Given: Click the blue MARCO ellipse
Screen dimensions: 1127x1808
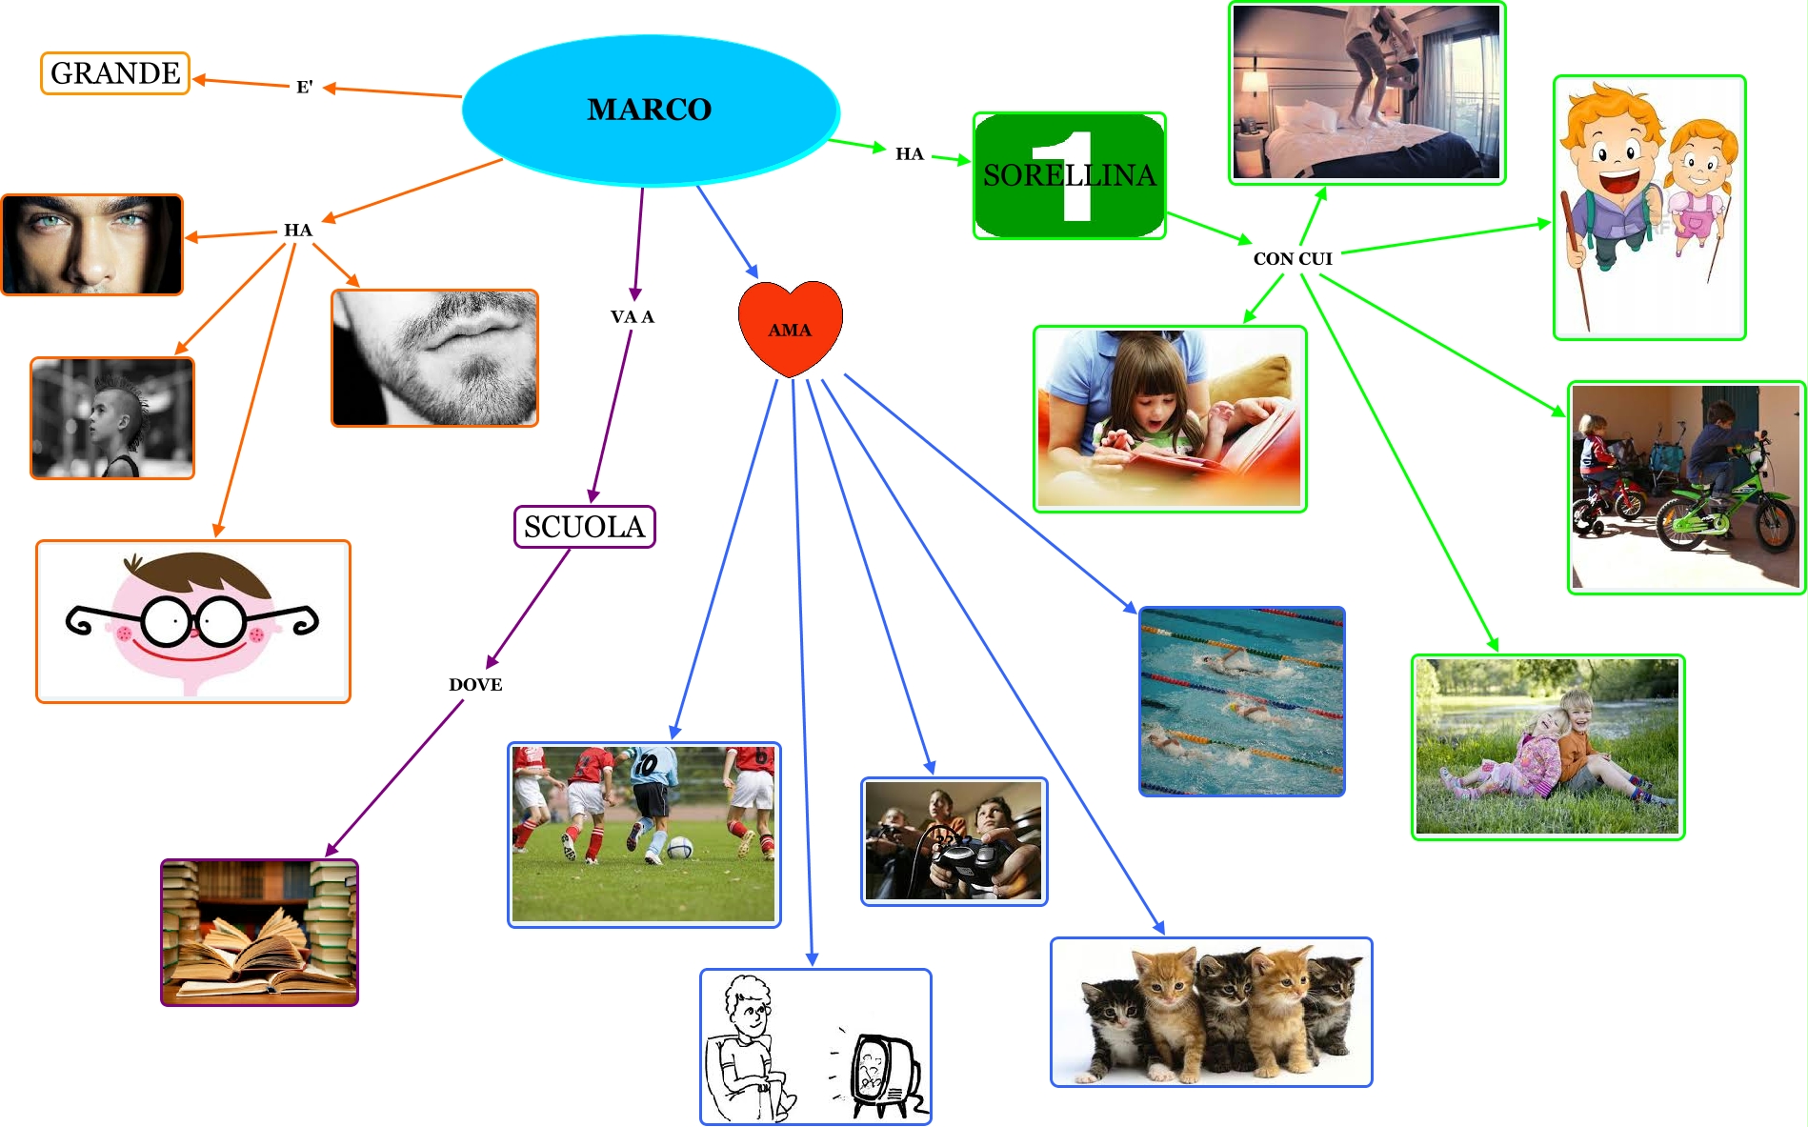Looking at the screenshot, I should tap(650, 110).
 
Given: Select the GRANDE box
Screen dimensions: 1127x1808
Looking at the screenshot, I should tap(115, 73).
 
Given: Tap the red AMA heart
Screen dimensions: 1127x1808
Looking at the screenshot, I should tap(790, 327).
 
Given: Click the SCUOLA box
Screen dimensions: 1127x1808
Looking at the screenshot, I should tap(584, 527).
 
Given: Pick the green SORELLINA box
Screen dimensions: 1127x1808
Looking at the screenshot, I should tap(1069, 175).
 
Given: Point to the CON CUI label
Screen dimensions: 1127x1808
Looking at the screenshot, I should tap(1292, 259).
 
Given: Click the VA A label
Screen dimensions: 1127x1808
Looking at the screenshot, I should tap(632, 317).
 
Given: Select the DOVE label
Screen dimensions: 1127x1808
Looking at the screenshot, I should tap(475, 685).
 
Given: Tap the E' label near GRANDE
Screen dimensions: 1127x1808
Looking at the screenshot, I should tap(305, 88).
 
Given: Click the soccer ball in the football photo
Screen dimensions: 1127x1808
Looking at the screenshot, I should tap(679, 847).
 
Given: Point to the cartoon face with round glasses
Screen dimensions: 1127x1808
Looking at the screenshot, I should tap(193, 621).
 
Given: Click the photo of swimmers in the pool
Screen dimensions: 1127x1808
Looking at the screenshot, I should tap(1241, 701).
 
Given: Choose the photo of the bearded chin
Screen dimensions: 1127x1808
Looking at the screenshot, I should tap(434, 358).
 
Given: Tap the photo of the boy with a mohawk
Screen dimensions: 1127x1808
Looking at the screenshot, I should tap(112, 418).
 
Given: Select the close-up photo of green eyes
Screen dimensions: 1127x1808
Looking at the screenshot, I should tap(91, 245).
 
